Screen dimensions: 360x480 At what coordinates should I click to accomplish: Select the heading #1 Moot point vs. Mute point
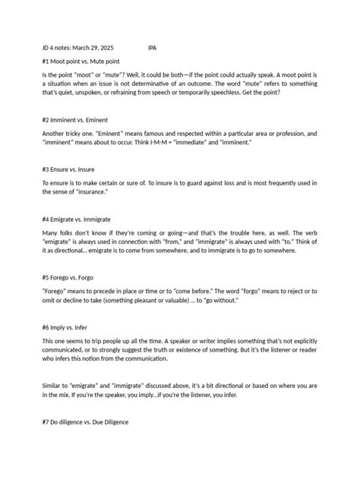[80, 60]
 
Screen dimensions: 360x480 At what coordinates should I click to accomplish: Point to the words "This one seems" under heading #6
[66, 339]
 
